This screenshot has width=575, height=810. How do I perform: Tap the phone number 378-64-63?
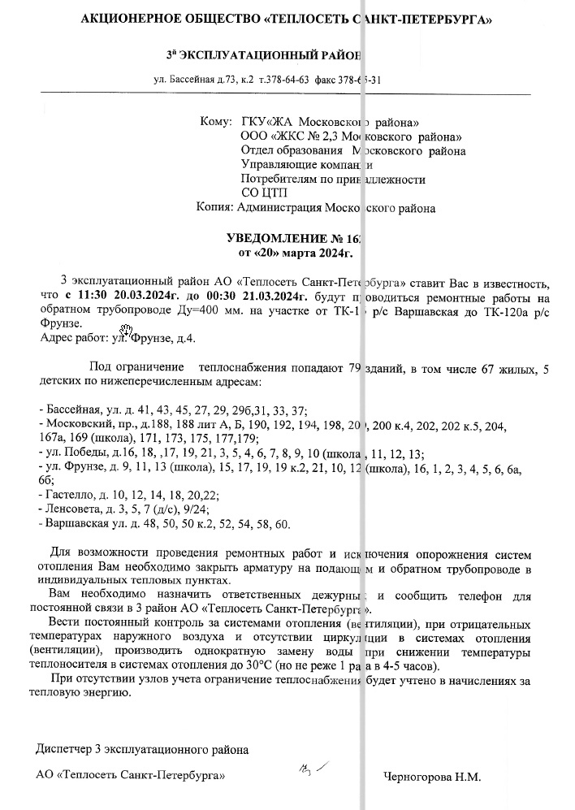point(283,80)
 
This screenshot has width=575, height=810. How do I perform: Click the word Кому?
point(215,123)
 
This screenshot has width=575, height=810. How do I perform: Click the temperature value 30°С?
point(259,666)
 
